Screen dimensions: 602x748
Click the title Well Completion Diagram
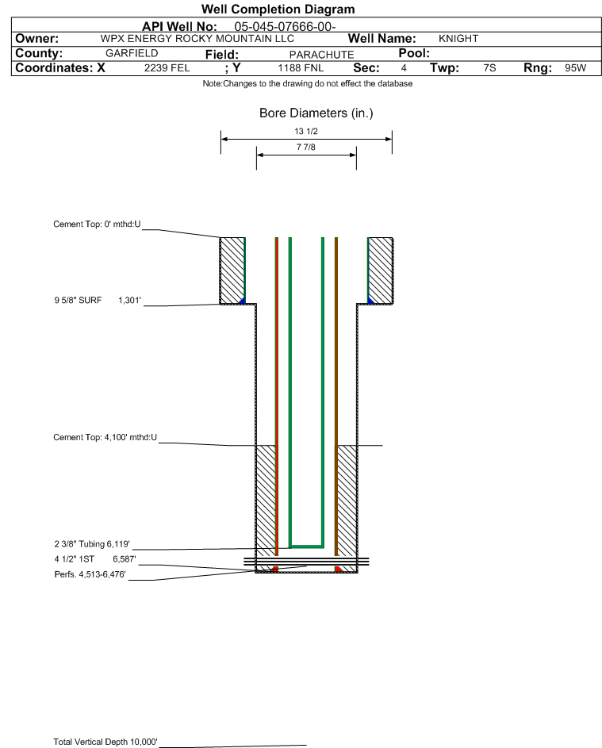(x=278, y=9)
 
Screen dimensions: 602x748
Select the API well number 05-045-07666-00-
(x=285, y=27)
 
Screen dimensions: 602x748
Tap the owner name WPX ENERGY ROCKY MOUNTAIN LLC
(x=197, y=39)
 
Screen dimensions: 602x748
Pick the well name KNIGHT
(x=458, y=39)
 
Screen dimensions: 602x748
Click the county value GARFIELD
(x=132, y=53)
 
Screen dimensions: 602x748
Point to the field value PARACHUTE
(x=321, y=55)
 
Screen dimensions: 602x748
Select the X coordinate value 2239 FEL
(x=167, y=67)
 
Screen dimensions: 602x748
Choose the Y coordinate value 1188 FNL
(x=301, y=67)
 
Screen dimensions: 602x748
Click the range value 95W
(x=575, y=67)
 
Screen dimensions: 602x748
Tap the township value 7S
(x=489, y=67)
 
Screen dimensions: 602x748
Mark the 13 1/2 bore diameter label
(x=306, y=131)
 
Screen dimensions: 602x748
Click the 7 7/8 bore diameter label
(x=306, y=147)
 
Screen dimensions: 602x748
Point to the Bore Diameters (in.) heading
(x=316, y=113)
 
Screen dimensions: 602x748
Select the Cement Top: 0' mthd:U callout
(x=97, y=224)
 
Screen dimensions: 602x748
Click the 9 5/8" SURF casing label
(x=78, y=300)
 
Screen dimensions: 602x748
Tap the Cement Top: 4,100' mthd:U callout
(x=105, y=437)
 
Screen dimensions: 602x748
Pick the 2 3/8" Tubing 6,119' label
(x=92, y=544)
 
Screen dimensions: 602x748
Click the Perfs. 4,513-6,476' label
(x=90, y=574)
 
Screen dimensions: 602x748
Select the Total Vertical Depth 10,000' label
(x=105, y=742)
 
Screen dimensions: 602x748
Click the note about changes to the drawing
(x=308, y=83)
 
